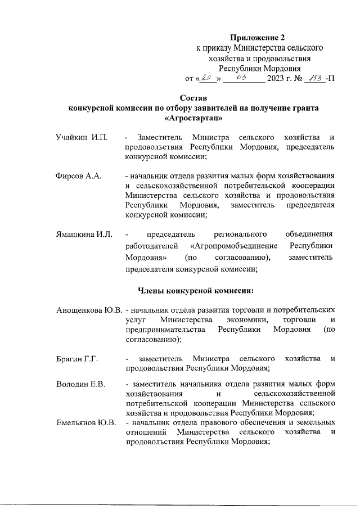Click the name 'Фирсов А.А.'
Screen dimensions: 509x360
[x=78, y=176]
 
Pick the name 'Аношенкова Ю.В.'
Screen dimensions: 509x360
[x=90, y=310]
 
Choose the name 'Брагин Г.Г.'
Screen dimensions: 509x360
[x=78, y=358]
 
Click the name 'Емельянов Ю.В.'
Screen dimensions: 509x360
[x=86, y=422]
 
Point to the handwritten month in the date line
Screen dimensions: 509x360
[x=242, y=77]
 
